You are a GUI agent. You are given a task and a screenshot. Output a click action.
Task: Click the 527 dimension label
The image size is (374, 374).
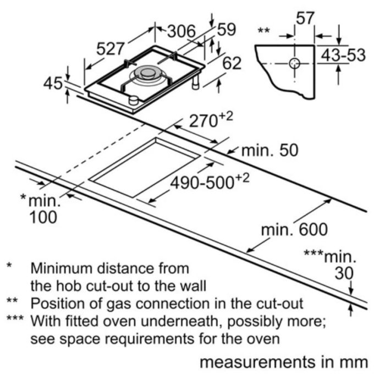tap(111, 49)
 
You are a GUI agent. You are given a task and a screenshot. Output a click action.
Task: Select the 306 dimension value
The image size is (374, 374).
tap(182, 31)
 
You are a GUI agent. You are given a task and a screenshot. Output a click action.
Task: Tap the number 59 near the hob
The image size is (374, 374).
tap(227, 29)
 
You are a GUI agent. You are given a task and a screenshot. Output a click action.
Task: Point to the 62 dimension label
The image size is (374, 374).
tap(232, 63)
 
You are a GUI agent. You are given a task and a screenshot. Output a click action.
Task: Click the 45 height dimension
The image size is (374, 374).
tap(53, 84)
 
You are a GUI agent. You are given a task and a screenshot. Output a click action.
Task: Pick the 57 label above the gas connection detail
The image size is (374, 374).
tap(305, 18)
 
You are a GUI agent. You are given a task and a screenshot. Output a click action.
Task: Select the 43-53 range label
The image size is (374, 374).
tap(343, 55)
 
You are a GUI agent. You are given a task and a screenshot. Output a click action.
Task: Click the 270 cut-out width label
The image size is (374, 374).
tap(211, 120)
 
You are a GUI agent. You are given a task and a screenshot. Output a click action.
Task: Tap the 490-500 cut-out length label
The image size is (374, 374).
tap(210, 182)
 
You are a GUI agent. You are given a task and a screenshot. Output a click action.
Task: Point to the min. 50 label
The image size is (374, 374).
tap(269, 150)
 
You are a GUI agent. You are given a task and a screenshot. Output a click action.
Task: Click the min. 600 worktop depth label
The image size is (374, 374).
tap(294, 229)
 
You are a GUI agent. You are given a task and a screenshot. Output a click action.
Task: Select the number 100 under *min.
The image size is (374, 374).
tap(43, 217)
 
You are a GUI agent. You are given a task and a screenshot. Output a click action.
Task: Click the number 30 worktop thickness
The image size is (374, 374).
tap(344, 273)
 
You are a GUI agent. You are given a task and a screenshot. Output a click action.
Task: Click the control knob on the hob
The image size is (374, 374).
tap(133, 100)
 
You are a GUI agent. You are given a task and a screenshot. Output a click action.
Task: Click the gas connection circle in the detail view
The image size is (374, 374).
tap(295, 63)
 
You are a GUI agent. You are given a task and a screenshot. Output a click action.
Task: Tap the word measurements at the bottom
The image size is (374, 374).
tap(257, 362)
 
